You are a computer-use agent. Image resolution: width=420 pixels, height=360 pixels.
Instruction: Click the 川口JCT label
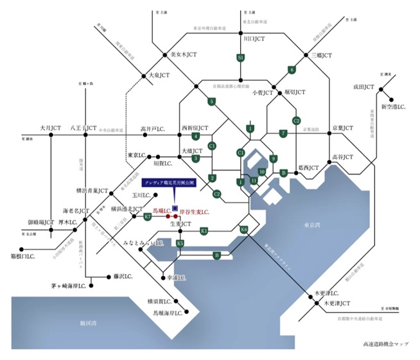251,39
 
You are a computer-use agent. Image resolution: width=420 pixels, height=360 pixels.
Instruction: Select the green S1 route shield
241,58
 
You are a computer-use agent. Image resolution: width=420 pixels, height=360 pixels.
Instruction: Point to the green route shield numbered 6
292,70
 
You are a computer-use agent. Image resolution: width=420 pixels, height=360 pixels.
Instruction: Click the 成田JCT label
363,86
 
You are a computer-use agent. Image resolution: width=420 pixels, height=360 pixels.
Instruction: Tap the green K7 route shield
148,217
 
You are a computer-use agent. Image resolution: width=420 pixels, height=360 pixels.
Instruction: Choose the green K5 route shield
180,243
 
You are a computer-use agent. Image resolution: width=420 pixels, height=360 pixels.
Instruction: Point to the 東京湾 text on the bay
314,227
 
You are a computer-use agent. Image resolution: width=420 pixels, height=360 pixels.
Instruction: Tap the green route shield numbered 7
283,133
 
